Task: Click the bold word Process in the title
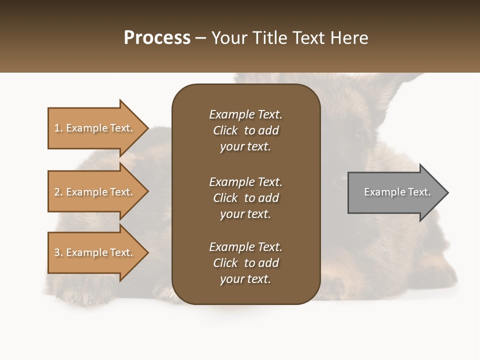[x=157, y=38]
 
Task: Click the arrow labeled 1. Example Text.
[x=95, y=128]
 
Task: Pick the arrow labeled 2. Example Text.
[x=95, y=192]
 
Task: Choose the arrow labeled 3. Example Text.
[x=95, y=252]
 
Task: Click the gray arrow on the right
[x=395, y=192]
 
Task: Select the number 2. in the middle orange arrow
[x=58, y=192]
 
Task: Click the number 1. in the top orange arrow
[x=58, y=128]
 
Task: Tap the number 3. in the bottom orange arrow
[x=58, y=252]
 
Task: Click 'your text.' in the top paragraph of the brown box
[x=245, y=147]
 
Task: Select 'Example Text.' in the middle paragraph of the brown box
[x=245, y=182]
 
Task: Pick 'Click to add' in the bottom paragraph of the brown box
[x=245, y=263]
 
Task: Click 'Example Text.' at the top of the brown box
[x=245, y=114]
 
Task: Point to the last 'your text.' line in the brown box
[x=245, y=279]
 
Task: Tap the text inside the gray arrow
[x=397, y=192]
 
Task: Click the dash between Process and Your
[x=201, y=38]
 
